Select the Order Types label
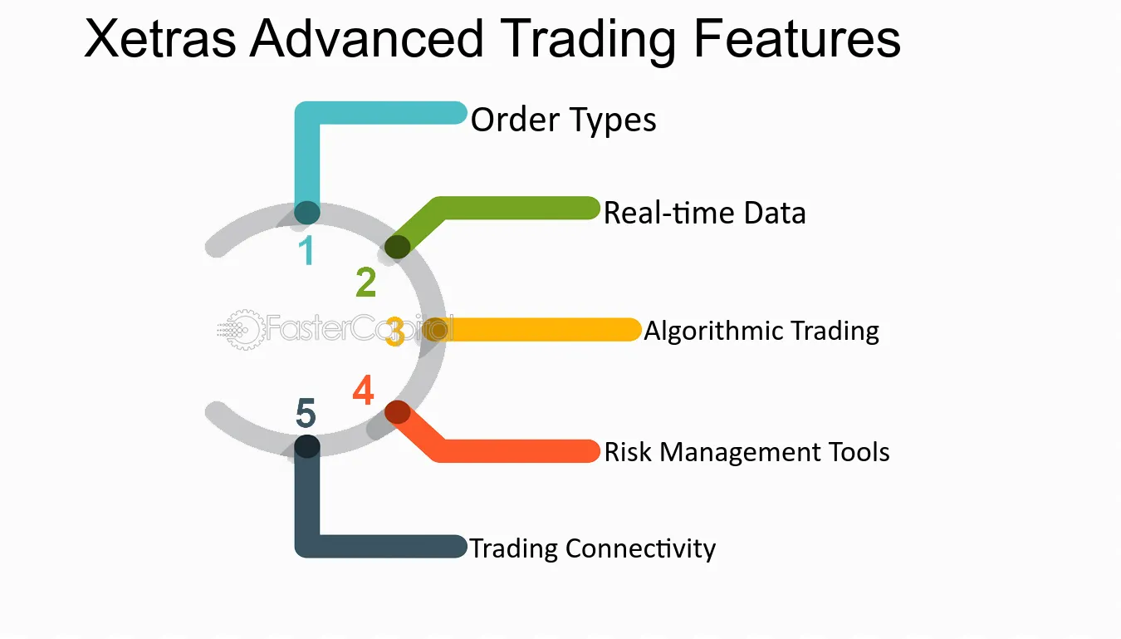pos(563,120)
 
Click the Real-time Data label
pos(704,214)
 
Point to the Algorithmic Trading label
pos(761,331)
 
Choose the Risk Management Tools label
pos(747,452)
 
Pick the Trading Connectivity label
pos(592,548)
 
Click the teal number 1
pos(307,250)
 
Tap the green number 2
pos(365,283)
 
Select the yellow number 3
pos(395,332)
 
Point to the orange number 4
pos(363,391)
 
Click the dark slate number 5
pos(306,413)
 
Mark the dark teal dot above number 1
pos(307,213)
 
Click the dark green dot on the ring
pos(397,247)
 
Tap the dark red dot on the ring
pos(397,412)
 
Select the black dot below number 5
pos(307,447)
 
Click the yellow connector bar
pos(540,330)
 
